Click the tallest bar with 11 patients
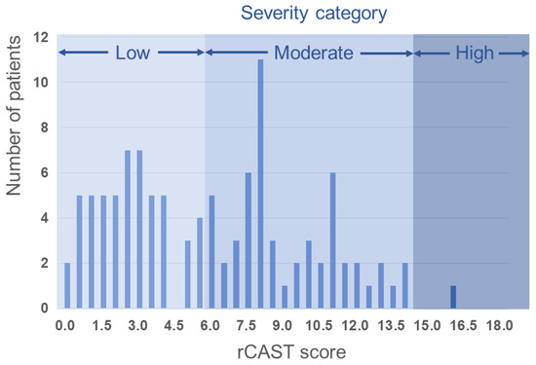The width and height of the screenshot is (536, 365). click(260, 184)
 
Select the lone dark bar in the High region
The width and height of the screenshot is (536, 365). click(453, 297)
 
